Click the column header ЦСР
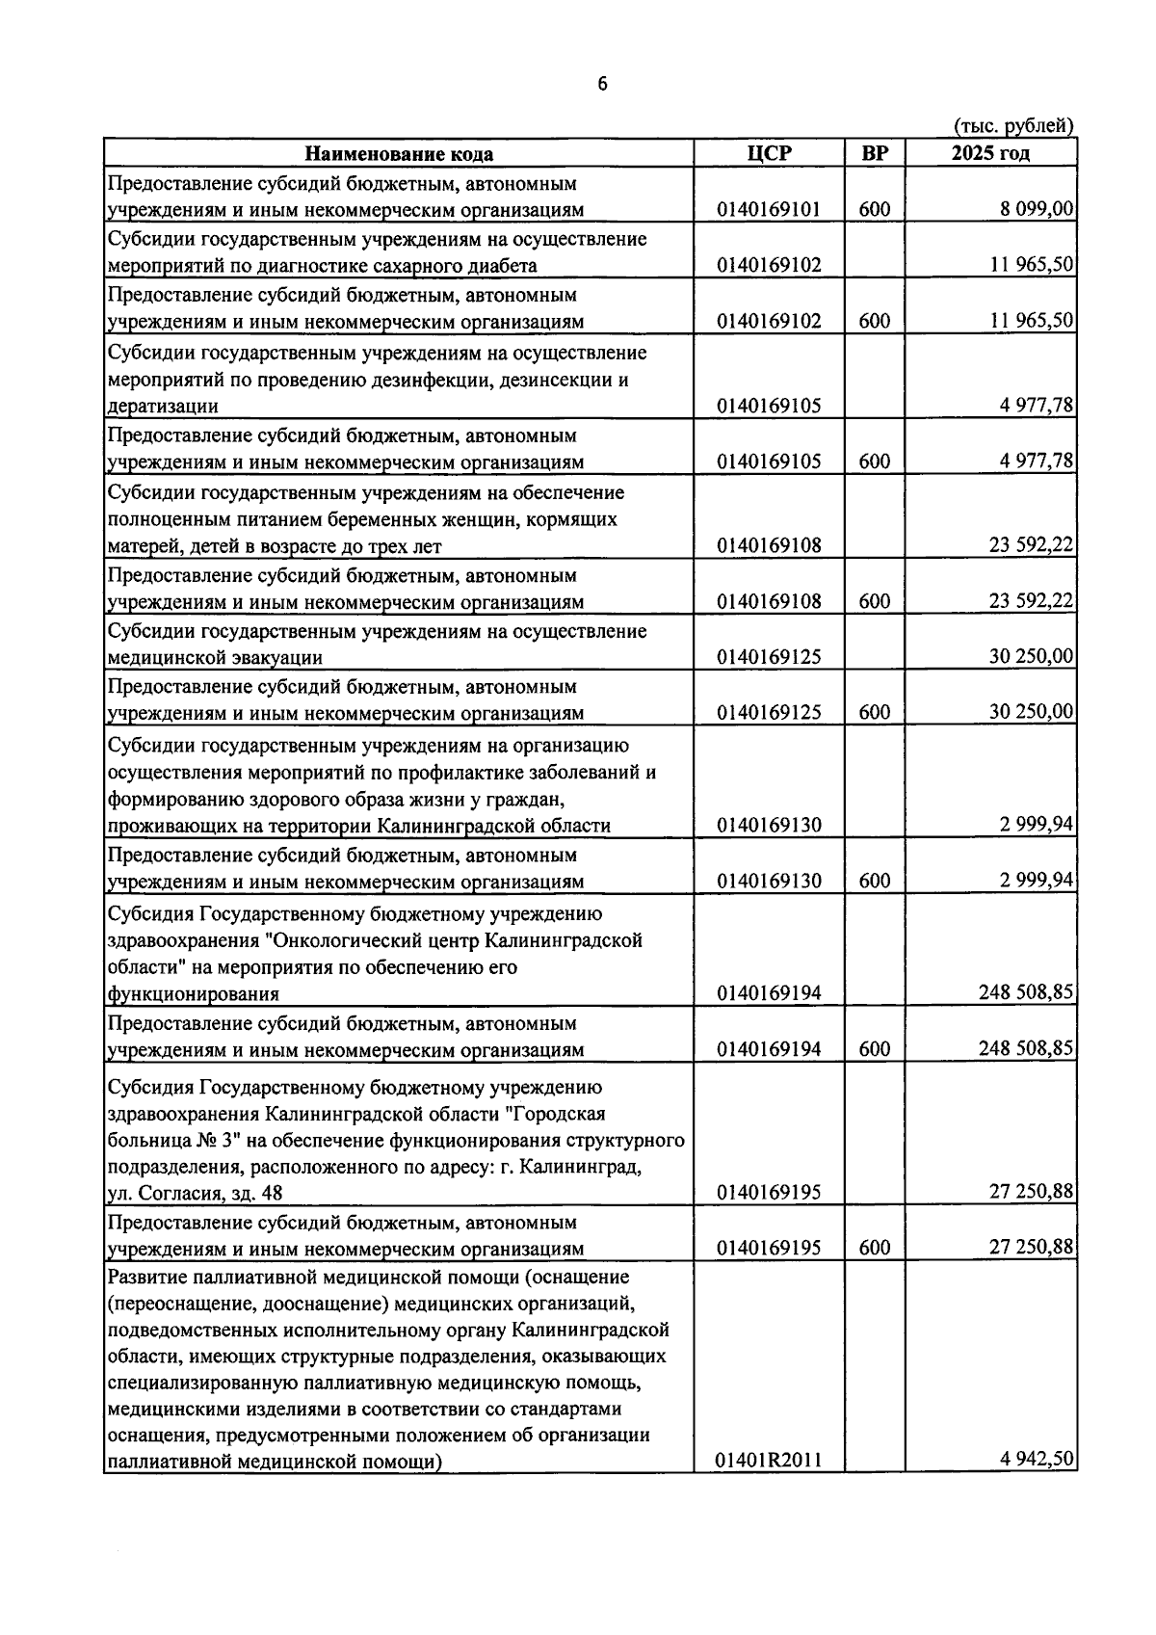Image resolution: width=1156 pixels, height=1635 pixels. (x=769, y=153)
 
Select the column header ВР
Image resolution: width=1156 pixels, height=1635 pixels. (x=874, y=153)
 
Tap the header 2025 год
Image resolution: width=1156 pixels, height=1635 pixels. (x=990, y=153)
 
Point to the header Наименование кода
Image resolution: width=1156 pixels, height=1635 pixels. (x=399, y=154)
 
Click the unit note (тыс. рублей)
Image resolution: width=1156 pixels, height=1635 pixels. (x=1013, y=126)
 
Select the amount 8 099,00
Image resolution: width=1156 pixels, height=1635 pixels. (x=1036, y=209)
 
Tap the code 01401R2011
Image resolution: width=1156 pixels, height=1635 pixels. (x=769, y=1462)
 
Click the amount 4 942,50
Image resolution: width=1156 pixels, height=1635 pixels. (x=1038, y=1460)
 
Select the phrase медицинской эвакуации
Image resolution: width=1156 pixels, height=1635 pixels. (x=214, y=658)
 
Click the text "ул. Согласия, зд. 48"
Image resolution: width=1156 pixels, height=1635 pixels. (x=195, y=1194)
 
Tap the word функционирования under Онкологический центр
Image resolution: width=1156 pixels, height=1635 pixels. (x=193, y=994)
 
